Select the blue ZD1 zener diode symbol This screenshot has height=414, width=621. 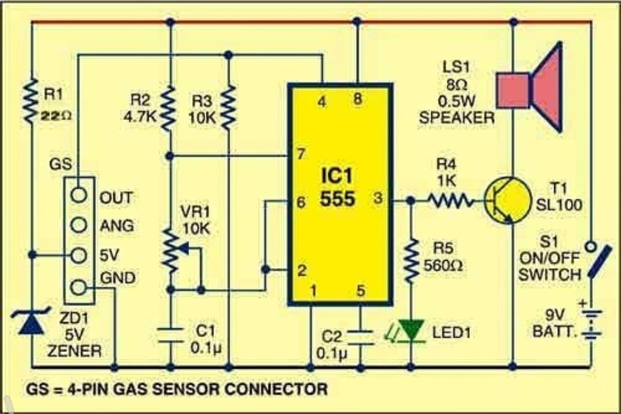pyautogui.click(x=31, y=324)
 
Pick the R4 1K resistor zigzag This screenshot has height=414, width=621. pyautogui.click(x=450, y=201)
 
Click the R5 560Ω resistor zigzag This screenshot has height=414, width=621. pyautogui.click(x=411, y=261)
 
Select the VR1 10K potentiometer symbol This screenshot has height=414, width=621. pyautogui.click(x=170, y=250)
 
